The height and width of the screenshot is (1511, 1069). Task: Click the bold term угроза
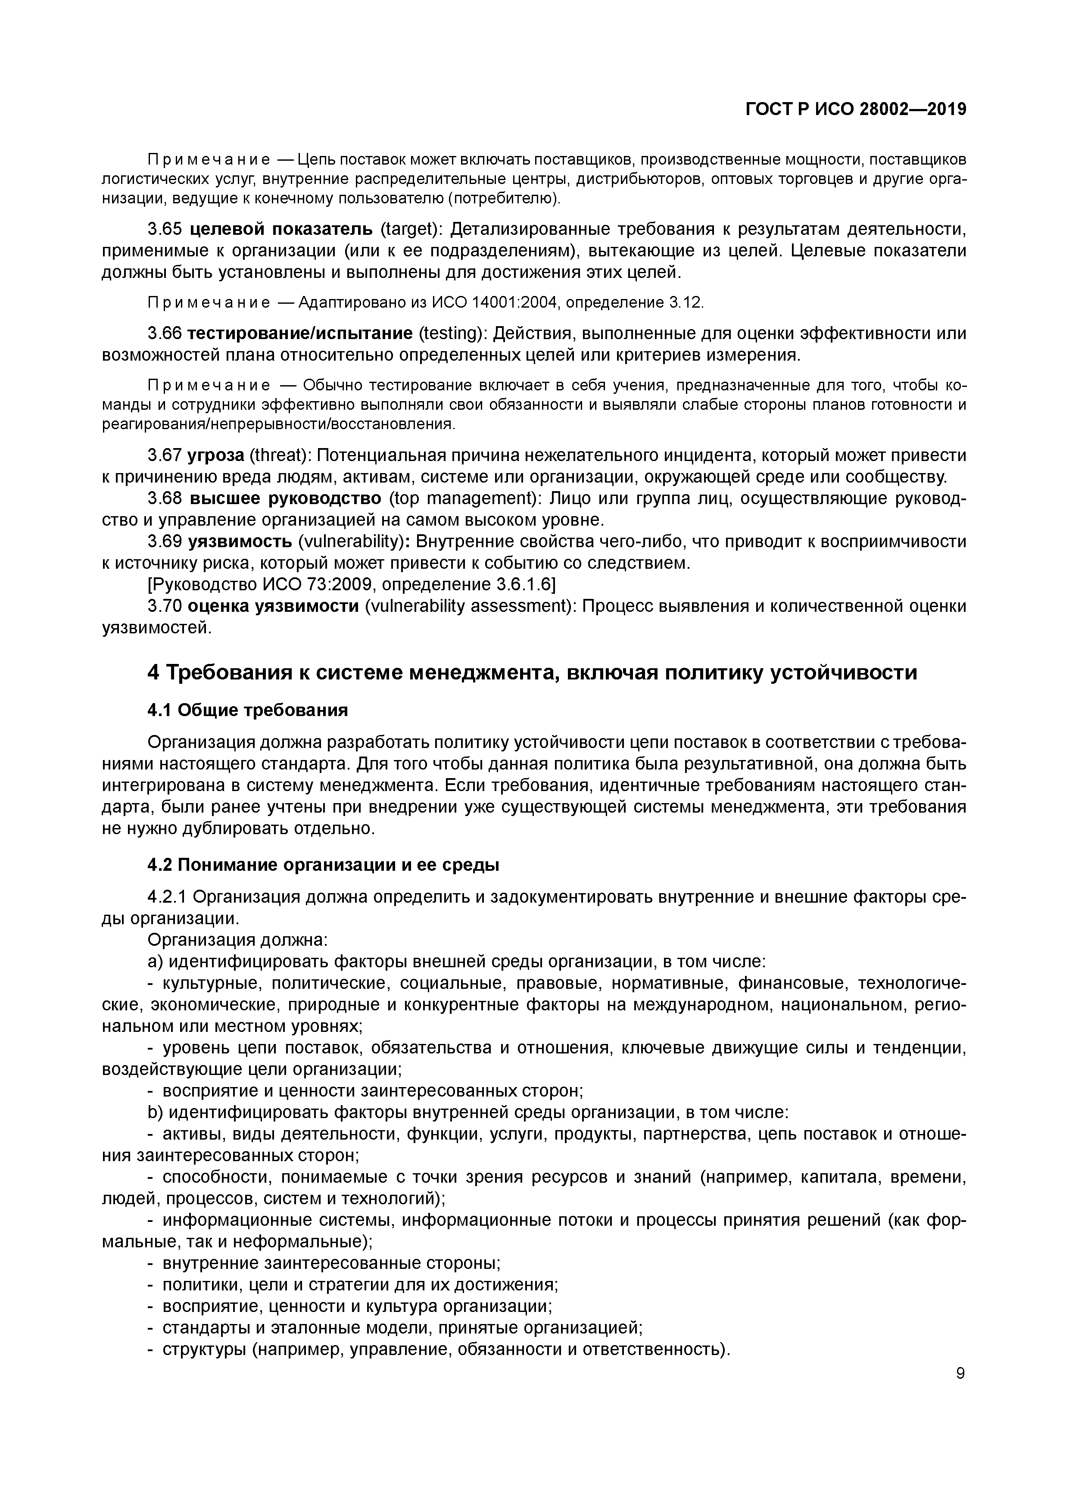(216, 455)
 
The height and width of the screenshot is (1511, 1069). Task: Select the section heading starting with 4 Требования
(532, 673)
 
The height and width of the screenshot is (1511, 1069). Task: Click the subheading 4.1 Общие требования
(247, 710)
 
